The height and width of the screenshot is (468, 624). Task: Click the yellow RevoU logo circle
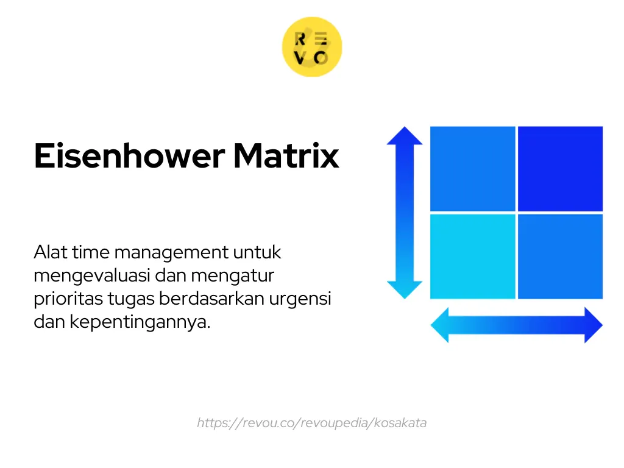pyautogui.click(x=311, y=48)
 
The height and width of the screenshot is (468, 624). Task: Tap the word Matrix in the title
pyautogui.click(x=286, y=156)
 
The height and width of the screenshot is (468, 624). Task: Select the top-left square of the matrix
pyautogui.click(x=472, y=168)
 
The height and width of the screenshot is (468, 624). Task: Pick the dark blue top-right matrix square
pyautogui.click(x=560, y=168)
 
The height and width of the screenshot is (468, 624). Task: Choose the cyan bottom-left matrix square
pyautogui.click(x=472, y=256)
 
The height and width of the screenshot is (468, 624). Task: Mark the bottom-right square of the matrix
pyautogui.click(x=560, y=256)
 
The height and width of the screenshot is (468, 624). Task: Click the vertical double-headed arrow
pyautogui.click(x=405, y=212)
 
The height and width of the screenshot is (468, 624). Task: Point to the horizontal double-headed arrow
pyautogui.click(x=516, y=325)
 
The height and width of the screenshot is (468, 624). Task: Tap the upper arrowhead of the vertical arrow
pyautogui.click(x=405, y=135)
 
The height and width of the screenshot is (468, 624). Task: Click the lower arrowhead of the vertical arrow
pyautogui.click(x=405, y=289)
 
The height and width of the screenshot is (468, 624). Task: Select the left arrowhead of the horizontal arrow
pyautogui.click(x=441, y=325)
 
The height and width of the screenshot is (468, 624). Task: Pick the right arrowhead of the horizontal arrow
pyautogui.click(x=592, y=325)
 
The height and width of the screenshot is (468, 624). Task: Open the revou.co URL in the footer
pyautogui.click(x=311, y=423)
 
